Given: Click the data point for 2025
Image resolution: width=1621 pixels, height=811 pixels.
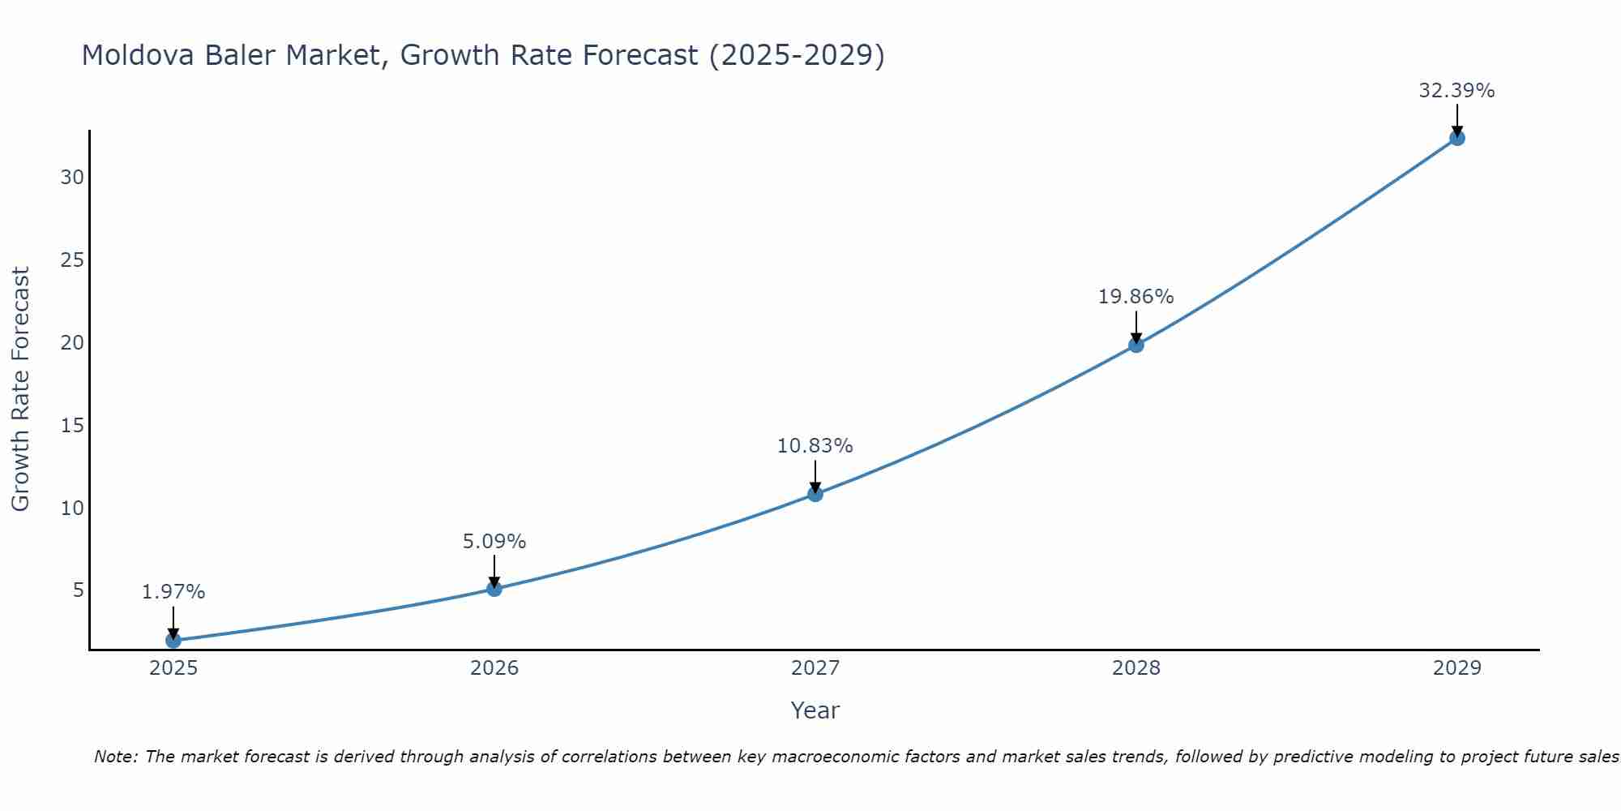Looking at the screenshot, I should coord(173,641).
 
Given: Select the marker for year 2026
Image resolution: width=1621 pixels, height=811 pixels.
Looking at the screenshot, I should coord(494,589).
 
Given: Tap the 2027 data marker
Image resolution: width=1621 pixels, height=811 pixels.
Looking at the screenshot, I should coord(815,494).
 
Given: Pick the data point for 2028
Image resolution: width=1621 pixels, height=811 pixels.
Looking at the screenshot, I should coord(1136,345).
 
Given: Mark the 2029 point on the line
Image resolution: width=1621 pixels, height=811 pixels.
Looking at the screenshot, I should coord(1457,138).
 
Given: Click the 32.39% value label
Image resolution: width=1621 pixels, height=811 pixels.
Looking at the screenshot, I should coord(1456,91).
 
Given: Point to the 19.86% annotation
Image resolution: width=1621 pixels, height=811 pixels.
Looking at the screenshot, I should coord(1136,297).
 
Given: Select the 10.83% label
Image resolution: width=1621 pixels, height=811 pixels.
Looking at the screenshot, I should coord(815,446).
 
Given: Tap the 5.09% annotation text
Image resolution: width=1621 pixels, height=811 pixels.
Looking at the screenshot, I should coord(494,542).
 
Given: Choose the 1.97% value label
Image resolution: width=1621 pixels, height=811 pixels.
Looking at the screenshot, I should coord(173,592).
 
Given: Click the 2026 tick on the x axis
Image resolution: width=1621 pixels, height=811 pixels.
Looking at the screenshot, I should coord(494,668).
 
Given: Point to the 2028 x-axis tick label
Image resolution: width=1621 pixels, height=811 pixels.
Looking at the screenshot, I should coord(1136,668).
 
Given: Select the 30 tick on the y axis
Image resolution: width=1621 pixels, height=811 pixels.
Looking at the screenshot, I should coord(72,177).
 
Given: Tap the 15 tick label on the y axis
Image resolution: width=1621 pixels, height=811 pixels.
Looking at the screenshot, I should coord(72,425).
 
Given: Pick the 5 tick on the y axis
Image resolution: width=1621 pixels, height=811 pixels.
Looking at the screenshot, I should coord(79,590).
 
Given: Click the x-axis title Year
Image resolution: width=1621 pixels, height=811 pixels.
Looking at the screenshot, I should coord(815,710).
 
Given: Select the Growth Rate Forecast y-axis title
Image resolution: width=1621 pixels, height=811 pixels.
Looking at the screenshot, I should coord(20,389).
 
